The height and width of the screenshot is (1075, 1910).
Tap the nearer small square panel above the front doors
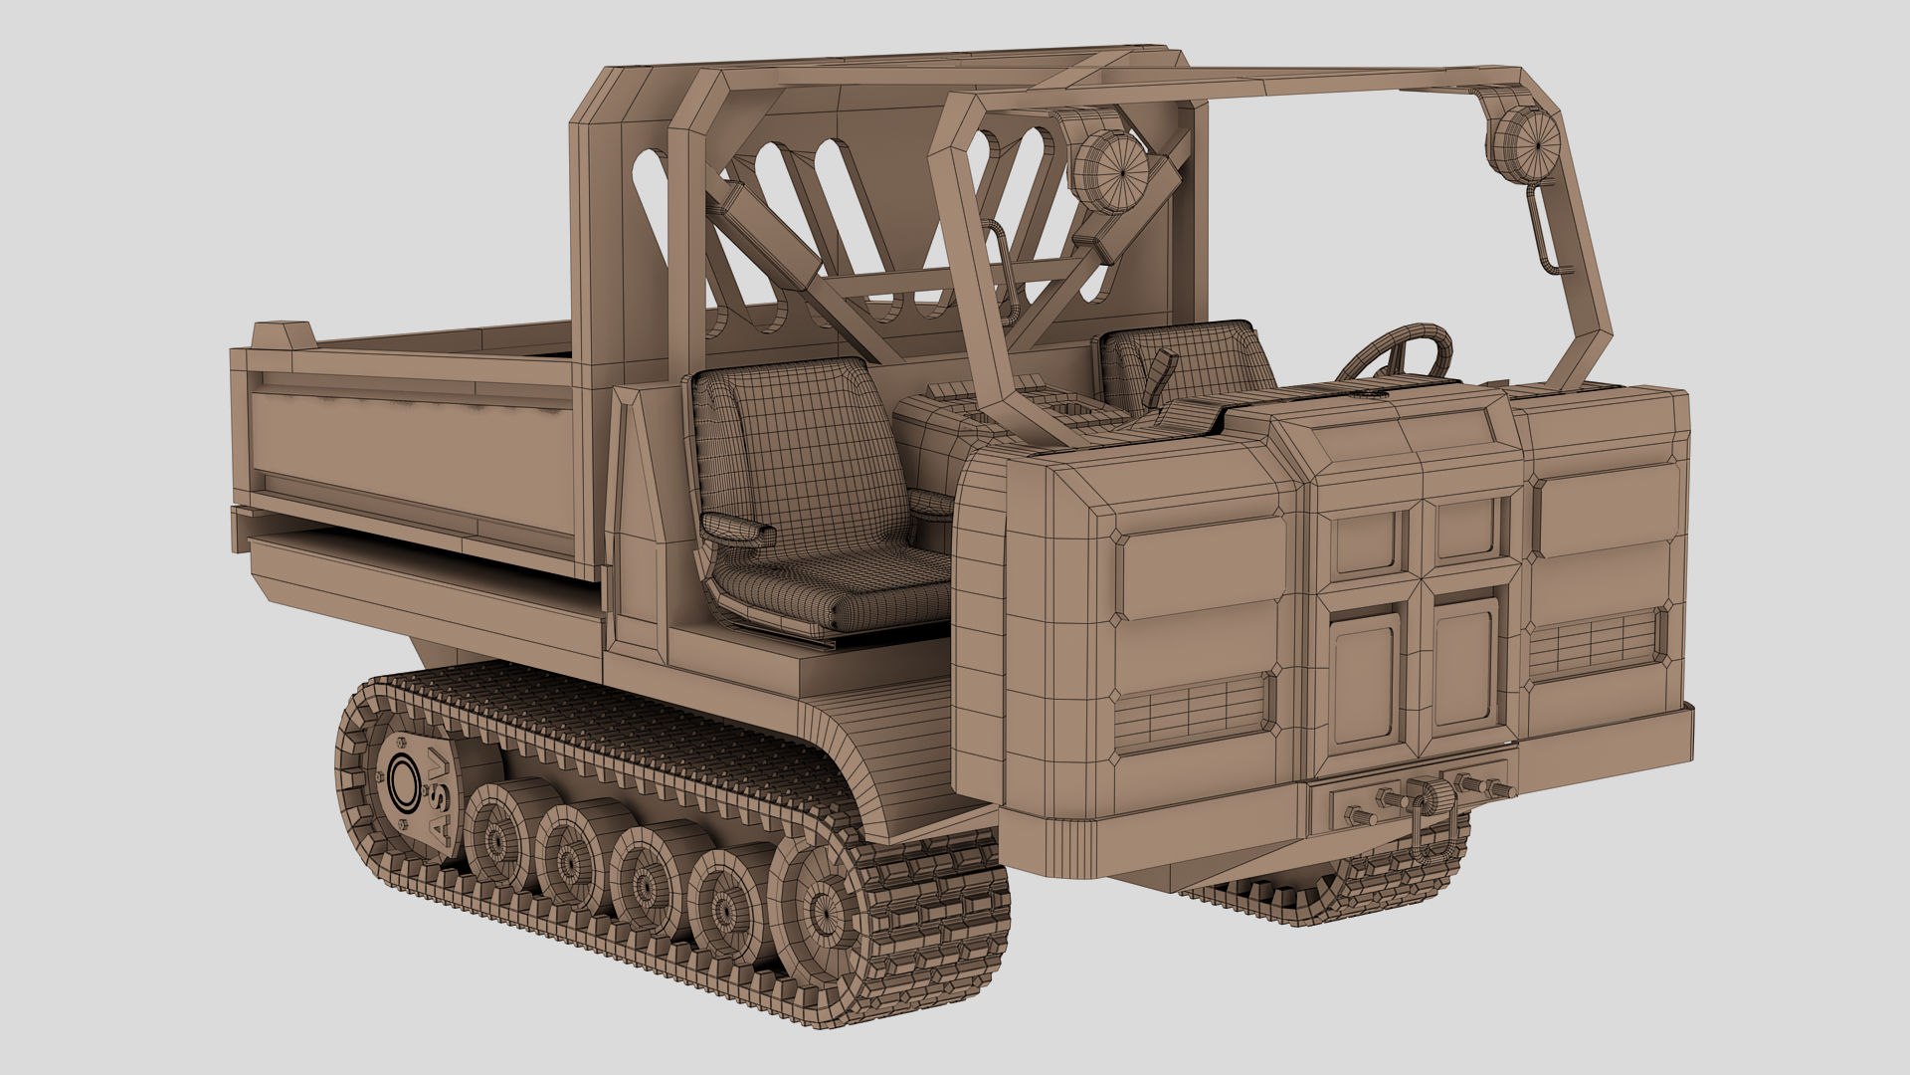coord(1367,542)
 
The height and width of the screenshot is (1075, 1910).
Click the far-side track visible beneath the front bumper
coord(1293,901)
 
